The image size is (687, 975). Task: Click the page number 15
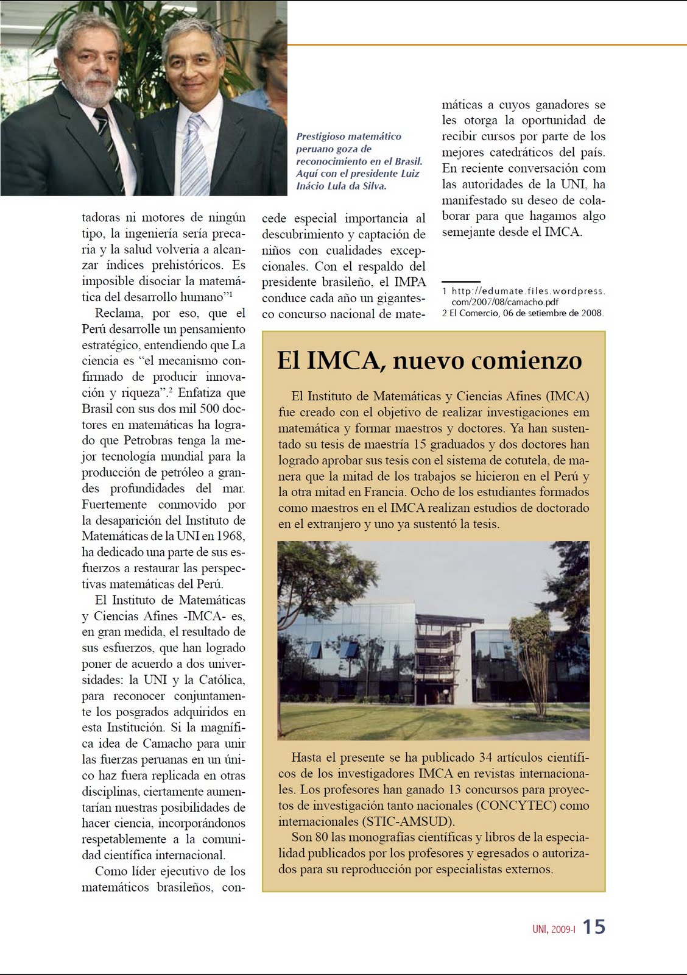point(594,927)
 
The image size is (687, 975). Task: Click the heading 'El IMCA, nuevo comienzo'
point(429,360)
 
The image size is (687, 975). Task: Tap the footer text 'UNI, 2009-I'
point(553,929)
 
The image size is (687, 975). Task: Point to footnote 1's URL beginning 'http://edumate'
point(527,291)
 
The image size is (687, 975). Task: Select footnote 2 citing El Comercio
point(523,313)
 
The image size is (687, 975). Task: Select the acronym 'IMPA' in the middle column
point(410,282)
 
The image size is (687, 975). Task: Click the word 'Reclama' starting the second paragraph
point(119,313)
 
